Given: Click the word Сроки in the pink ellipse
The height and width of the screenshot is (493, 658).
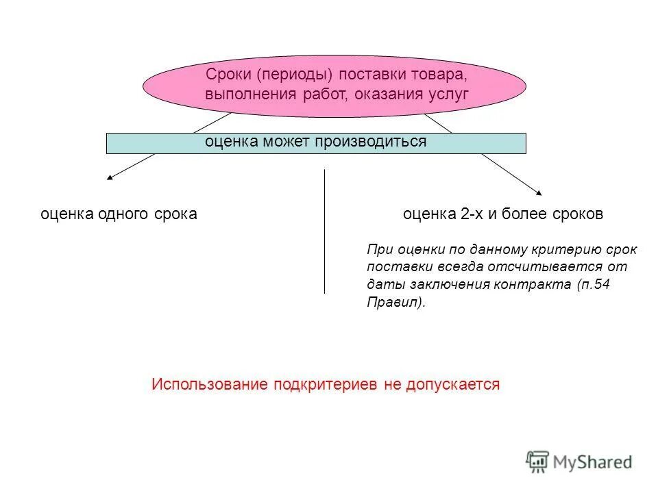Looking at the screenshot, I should (227, 74).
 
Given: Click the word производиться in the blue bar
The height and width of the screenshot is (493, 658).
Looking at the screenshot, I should (371, 141).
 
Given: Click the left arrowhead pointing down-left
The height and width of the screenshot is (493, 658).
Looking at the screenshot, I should (110, 178).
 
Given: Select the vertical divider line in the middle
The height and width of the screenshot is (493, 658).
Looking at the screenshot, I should (324, 233).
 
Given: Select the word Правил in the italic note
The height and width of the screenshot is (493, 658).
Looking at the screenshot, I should (393, 303).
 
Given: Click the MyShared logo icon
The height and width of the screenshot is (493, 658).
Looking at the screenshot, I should (538, 462).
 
